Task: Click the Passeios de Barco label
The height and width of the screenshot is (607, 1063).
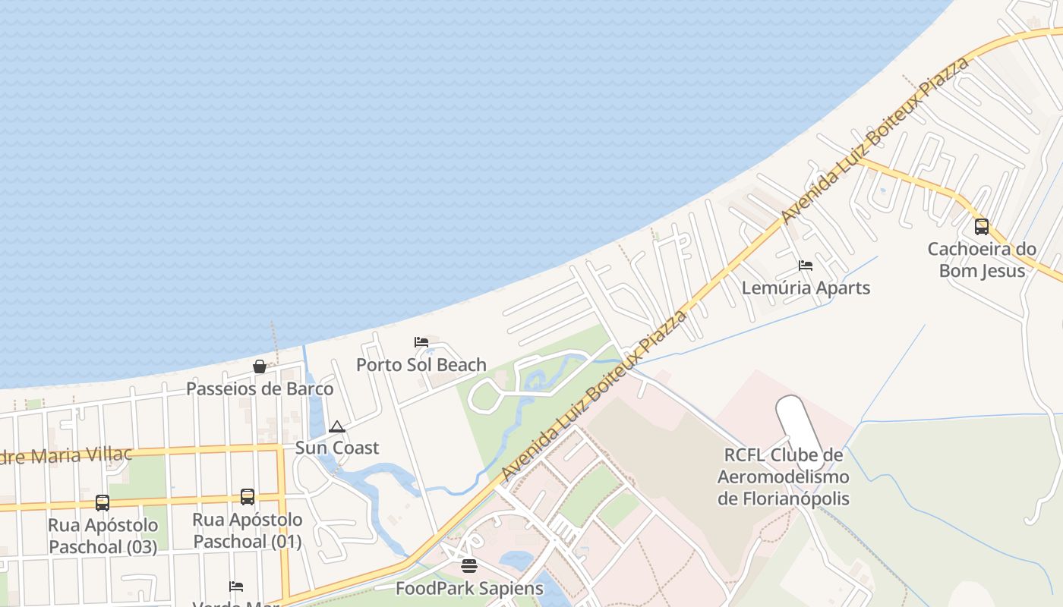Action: (x=260, y=388)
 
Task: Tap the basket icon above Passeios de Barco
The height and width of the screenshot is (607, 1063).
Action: (x=260, y=366)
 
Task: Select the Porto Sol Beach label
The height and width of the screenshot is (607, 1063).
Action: (x=421, y=365)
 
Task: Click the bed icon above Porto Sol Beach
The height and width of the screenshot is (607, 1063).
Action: (x=421, y=342)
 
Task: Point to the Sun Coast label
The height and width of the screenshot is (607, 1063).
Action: (x=336, y=448)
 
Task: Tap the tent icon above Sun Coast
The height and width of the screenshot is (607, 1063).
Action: (x=337, y=426)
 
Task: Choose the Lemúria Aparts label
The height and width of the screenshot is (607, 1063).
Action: (x=806, y=288)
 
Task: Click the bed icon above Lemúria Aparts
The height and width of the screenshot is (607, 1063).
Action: (x=806, y=266)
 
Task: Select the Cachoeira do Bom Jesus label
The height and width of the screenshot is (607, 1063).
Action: (x=982, y=259)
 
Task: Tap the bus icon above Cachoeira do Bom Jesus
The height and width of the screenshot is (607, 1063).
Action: (x=982, y=226)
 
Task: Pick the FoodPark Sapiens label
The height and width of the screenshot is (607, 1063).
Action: (x=469, y=588)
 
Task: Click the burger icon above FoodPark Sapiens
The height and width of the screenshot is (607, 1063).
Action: (x=469, y=565)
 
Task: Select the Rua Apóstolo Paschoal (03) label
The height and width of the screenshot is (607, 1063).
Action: (x=103, y=536)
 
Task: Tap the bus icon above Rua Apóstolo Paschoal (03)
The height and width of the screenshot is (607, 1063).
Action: (x=103, y=502)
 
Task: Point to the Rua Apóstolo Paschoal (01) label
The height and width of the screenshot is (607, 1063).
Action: (x=247, y=530)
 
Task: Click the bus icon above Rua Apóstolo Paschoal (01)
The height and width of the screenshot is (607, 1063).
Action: (x=248, y=497)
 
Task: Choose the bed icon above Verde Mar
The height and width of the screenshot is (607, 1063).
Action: (x=236, y=587)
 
